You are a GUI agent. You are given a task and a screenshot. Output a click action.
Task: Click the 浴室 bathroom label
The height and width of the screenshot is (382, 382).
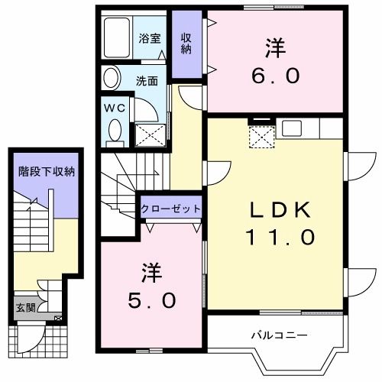(x=149, y=38)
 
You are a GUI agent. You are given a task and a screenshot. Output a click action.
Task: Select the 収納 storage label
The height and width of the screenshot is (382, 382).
(x=186, y=44)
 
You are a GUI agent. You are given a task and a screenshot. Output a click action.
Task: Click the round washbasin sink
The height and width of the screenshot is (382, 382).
(x=112, y=78)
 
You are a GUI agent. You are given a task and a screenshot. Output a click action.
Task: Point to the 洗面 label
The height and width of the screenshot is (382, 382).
(x=147, y=79)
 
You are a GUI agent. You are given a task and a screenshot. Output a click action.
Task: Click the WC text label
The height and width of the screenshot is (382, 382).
(x=115, y=107)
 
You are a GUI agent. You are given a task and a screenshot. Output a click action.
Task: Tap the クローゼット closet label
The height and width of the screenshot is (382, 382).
(x=170, y=209)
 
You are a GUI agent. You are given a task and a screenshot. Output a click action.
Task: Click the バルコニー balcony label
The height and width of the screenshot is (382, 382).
(x=278, y=335)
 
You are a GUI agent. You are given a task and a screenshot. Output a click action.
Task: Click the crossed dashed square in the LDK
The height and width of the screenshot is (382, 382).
(x=262, y=138)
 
